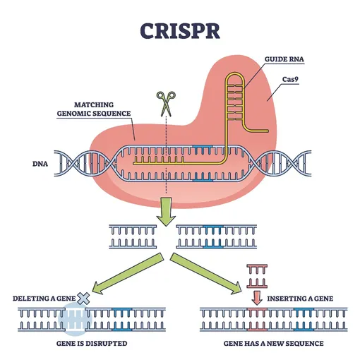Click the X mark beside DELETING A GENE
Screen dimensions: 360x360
83,299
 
